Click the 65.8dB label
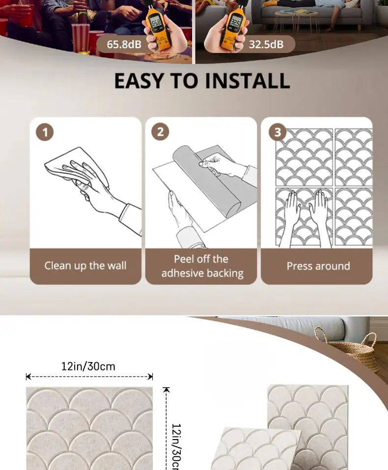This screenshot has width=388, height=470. tap(124, 44)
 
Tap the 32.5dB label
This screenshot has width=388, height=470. tap(266, 44)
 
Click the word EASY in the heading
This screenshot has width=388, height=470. tap(139, 80)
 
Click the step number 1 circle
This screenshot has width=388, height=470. tap(45, 132)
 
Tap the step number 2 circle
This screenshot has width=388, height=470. tap(160, 131)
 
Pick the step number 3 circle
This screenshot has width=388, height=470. tap(277, 131)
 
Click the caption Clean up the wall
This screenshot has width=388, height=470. tap(85, 266)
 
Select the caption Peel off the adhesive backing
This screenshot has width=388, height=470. tap(202, 266)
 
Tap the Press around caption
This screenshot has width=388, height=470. tap(318, 266)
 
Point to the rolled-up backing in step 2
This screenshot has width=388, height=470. tap(207, 183)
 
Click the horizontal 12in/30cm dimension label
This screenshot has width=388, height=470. tap(88, 366)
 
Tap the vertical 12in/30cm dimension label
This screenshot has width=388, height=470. tap(176, 446)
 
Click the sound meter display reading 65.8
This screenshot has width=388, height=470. tap(156, 23)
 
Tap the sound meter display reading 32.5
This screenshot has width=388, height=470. tap(235, 23)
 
